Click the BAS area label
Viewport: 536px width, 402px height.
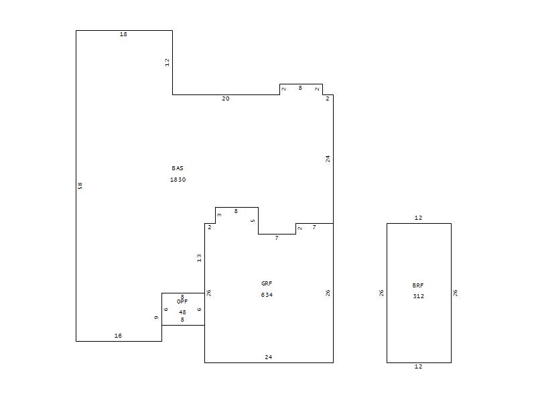point(178,168)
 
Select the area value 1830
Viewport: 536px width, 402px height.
point(178,180)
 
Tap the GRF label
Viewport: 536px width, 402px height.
point(267,283)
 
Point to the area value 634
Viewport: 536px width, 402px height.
point(267,295)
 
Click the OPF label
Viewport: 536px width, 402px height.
point(182,301)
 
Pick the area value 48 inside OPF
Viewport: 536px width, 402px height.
point(182,312)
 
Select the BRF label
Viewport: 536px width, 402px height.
point(417,285)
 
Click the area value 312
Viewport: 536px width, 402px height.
point(418,296)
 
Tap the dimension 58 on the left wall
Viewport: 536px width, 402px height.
point(80,186)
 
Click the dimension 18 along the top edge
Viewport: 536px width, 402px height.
point(123,34)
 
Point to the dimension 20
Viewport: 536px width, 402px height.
point(226,98)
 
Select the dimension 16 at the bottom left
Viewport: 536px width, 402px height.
point(118,336)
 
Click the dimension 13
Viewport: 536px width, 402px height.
point(199,258)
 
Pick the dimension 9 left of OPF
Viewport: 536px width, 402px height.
point(156,318)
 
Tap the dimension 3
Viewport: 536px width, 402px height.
point(219,215)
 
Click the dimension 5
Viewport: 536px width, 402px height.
point(253,221)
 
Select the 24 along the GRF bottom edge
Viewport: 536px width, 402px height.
point(269,357)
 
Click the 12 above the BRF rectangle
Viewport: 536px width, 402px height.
point(418,218)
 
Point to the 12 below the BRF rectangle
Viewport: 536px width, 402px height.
point(418,366)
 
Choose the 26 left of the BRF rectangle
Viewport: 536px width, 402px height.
point(381,293)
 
